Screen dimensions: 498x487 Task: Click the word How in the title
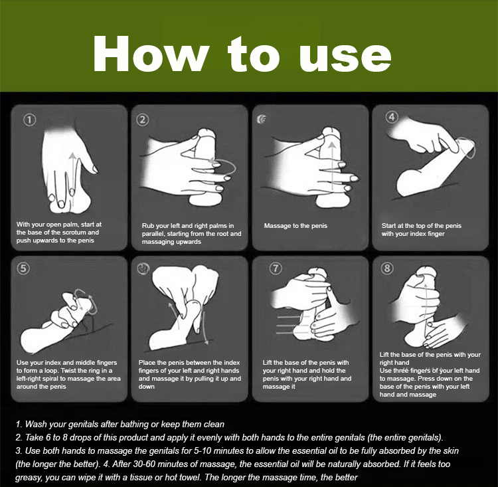pyautogui.click(x=151, y=54)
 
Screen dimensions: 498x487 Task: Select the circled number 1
pyautogui.click(x=29, y=120)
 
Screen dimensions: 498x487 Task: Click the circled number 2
pyautogui.click(x=143, y=120)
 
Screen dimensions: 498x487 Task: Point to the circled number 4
pyautogui.click(x=392, y=117)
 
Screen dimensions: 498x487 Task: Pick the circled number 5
pyautogui.click(x=23, y=268)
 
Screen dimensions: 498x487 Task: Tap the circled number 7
pyautogui.click(x=276, y=268)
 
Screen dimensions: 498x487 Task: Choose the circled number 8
pyautogui.click(x=387, y=268)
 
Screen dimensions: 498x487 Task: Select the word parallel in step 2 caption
pyautogui.click(x=153, y=235)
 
